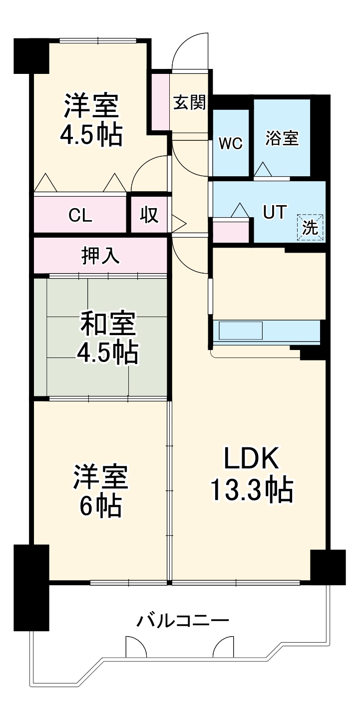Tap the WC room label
click(x=231, y=143)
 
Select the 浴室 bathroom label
click(x=282, y=138)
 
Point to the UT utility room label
click(x=275, y=213)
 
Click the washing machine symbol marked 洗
click(x=311, y=228)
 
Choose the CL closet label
click(x=80, y=215)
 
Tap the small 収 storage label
click(x=148, y=215)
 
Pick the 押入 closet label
click(x=100, y=256)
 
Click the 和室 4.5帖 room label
click(x=107, y=339)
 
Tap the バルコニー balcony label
click(x=183, y=621)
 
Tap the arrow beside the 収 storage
click(x=179, y=221)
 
